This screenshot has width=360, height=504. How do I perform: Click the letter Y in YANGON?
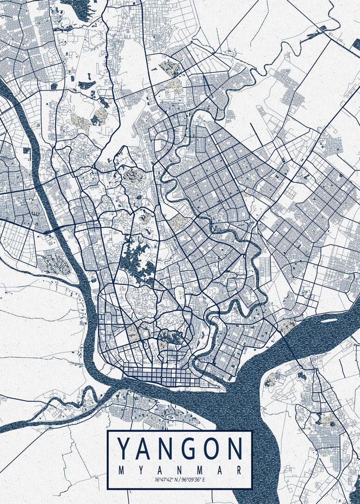pos(124,449)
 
